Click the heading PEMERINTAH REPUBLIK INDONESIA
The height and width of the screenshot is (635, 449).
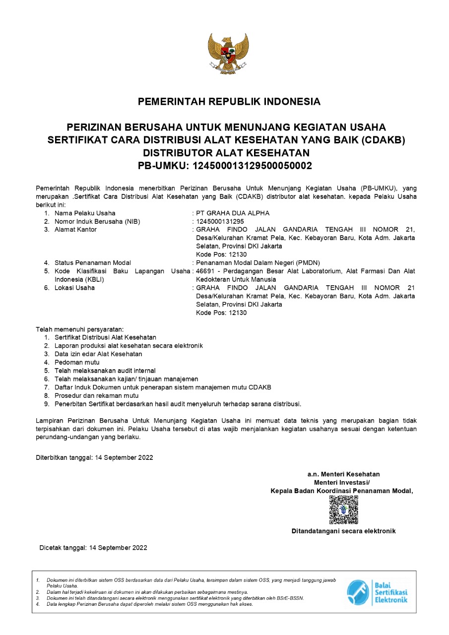tap(229, 102)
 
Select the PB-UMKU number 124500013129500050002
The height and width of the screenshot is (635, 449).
tap(252, 166)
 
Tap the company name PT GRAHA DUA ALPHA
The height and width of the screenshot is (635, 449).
tap(233, 213)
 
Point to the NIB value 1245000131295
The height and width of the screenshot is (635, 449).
tap(220, 222)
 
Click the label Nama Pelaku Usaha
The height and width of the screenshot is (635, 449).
tap(85, 213)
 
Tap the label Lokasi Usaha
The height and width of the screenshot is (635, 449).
tap(74, 288)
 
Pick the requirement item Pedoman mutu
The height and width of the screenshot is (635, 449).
tap(77, 363)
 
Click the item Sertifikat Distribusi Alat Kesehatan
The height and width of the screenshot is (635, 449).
tap(105, 337)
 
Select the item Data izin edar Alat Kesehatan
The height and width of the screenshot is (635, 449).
tap(98, 354)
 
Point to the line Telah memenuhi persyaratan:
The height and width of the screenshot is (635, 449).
tap(79, 329)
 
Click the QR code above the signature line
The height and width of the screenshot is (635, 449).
tap(343, 510)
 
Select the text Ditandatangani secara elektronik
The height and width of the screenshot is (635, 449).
tap(343, 531)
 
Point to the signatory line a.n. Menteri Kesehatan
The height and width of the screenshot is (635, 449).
tap(343, 474)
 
